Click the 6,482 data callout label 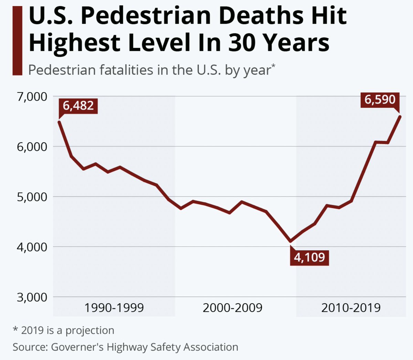(78, 106)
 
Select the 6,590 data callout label (380, 100)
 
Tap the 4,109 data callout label (309, 257)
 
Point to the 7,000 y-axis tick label (32, 97)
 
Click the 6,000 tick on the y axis (32, 147)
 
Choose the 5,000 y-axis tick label (32, 197)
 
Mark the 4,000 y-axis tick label (32, 247)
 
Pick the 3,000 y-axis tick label (32, 297)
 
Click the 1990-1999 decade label (114, 307)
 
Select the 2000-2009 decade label (232, 307)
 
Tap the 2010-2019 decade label (351, 307)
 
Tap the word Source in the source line (30, 347)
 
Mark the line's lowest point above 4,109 (291, 241)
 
